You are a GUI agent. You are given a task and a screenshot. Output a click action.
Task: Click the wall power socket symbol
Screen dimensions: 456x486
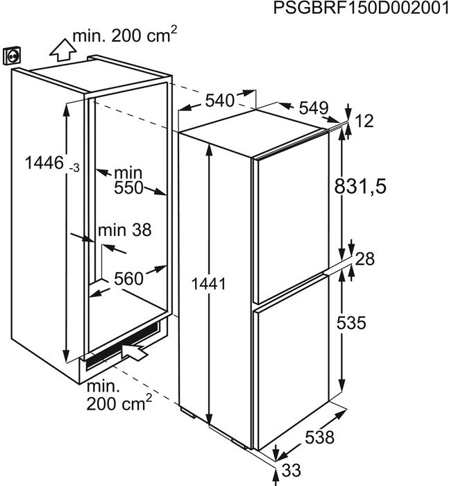point(12,56)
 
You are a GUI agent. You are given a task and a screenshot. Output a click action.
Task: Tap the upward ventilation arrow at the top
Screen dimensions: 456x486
point(63,49)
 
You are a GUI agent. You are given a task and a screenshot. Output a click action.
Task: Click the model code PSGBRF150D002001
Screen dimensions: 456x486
point(361,8)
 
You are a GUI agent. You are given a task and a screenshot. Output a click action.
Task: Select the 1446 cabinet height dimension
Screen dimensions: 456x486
point(44,162)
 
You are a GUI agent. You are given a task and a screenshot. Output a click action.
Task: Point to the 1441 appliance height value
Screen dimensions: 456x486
point(209,284)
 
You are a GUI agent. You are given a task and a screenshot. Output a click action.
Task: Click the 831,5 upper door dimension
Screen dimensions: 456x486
point(360,187)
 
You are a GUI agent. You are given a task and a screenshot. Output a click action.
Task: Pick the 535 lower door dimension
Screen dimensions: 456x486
point(351,322)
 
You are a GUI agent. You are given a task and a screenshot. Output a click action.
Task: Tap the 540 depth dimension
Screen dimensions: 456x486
point(220,101)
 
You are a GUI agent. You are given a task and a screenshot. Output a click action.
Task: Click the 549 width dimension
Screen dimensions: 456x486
point(313,108)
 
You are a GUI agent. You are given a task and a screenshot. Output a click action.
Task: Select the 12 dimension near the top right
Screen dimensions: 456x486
point(364,121)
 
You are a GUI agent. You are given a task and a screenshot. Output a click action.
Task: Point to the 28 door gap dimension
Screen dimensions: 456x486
point(365,259)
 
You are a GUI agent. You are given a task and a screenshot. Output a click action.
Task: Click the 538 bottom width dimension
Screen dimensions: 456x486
point(320,437)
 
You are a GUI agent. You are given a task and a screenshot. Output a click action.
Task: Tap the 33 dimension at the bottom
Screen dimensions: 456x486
point(292,470)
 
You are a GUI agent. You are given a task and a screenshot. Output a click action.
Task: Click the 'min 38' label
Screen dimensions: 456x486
point(124,231)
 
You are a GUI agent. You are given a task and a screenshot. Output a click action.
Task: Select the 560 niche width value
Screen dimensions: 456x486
point(128,278)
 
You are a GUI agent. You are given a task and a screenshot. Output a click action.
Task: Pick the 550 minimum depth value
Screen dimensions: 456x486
point(128,188)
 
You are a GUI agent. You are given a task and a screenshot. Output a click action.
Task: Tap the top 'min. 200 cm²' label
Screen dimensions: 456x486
point(124,35)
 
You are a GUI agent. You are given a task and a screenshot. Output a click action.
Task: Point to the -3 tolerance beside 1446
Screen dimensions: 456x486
point(74,168)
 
